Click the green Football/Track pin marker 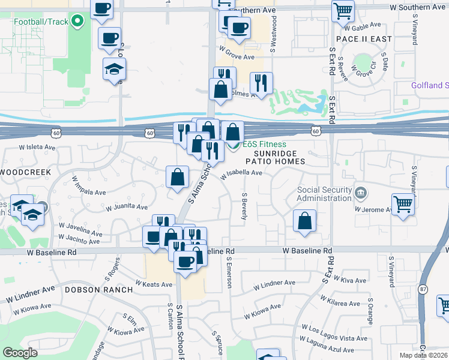coord(77,23)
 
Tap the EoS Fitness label coord(264,145)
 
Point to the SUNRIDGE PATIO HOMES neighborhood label coord(276,157)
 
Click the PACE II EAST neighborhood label coord(364,39)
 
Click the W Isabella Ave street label coord(241,174)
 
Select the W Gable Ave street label coord(363,26)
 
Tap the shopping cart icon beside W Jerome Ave coord(403,203)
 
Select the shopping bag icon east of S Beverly coord(305,220)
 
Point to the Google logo coord(20,353)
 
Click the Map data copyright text coord(422,355)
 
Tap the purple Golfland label coord(430,85)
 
